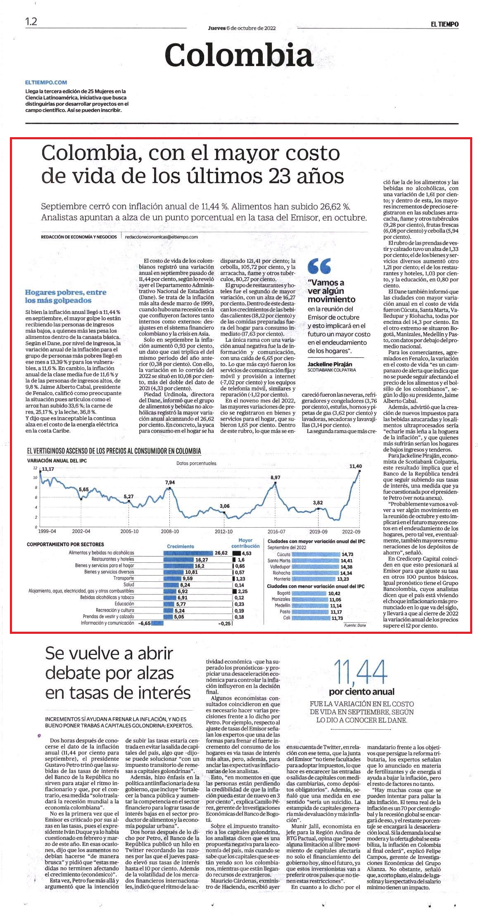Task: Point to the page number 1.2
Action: (x=31, y=22)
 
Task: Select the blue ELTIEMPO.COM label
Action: (x=46, y=83)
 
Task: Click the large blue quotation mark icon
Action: (x=319, y=266)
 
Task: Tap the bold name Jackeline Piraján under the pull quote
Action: (x=330, y=364)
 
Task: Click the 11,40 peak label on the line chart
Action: (x=355, y=466)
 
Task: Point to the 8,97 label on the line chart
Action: (x=275, y=477)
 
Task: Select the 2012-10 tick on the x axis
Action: (x=224, y=531)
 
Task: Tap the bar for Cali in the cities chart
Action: (x=310, y=618)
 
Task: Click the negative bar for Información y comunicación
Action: (x=157, y=623)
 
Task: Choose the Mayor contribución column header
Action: (x=245, y=543)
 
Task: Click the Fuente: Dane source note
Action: (x=355, y=625)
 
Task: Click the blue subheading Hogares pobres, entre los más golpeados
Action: (x=66, y=296)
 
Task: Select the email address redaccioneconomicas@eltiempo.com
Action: (x=162, y=237)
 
